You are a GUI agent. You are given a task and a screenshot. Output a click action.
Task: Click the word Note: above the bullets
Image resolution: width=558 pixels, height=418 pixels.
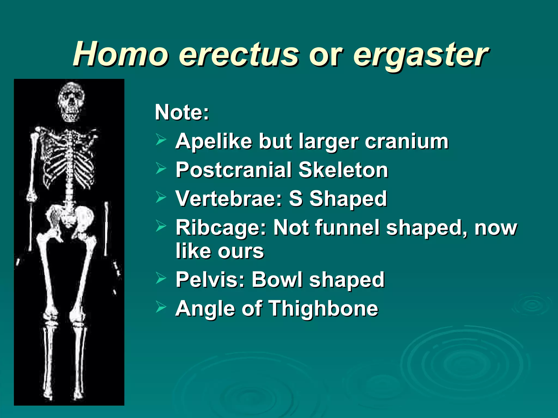tap(182, 112)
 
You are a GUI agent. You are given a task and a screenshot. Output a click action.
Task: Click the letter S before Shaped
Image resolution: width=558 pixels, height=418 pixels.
tap(296, 198)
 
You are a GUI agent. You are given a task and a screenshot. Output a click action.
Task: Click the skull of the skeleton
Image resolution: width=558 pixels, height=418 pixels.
tap(71, 102)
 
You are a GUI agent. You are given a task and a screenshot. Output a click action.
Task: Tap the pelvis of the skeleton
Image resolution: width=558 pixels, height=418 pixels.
tap(69, 218)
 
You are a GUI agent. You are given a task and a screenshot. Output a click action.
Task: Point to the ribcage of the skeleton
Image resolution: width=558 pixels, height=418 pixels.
tap(69, 161)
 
